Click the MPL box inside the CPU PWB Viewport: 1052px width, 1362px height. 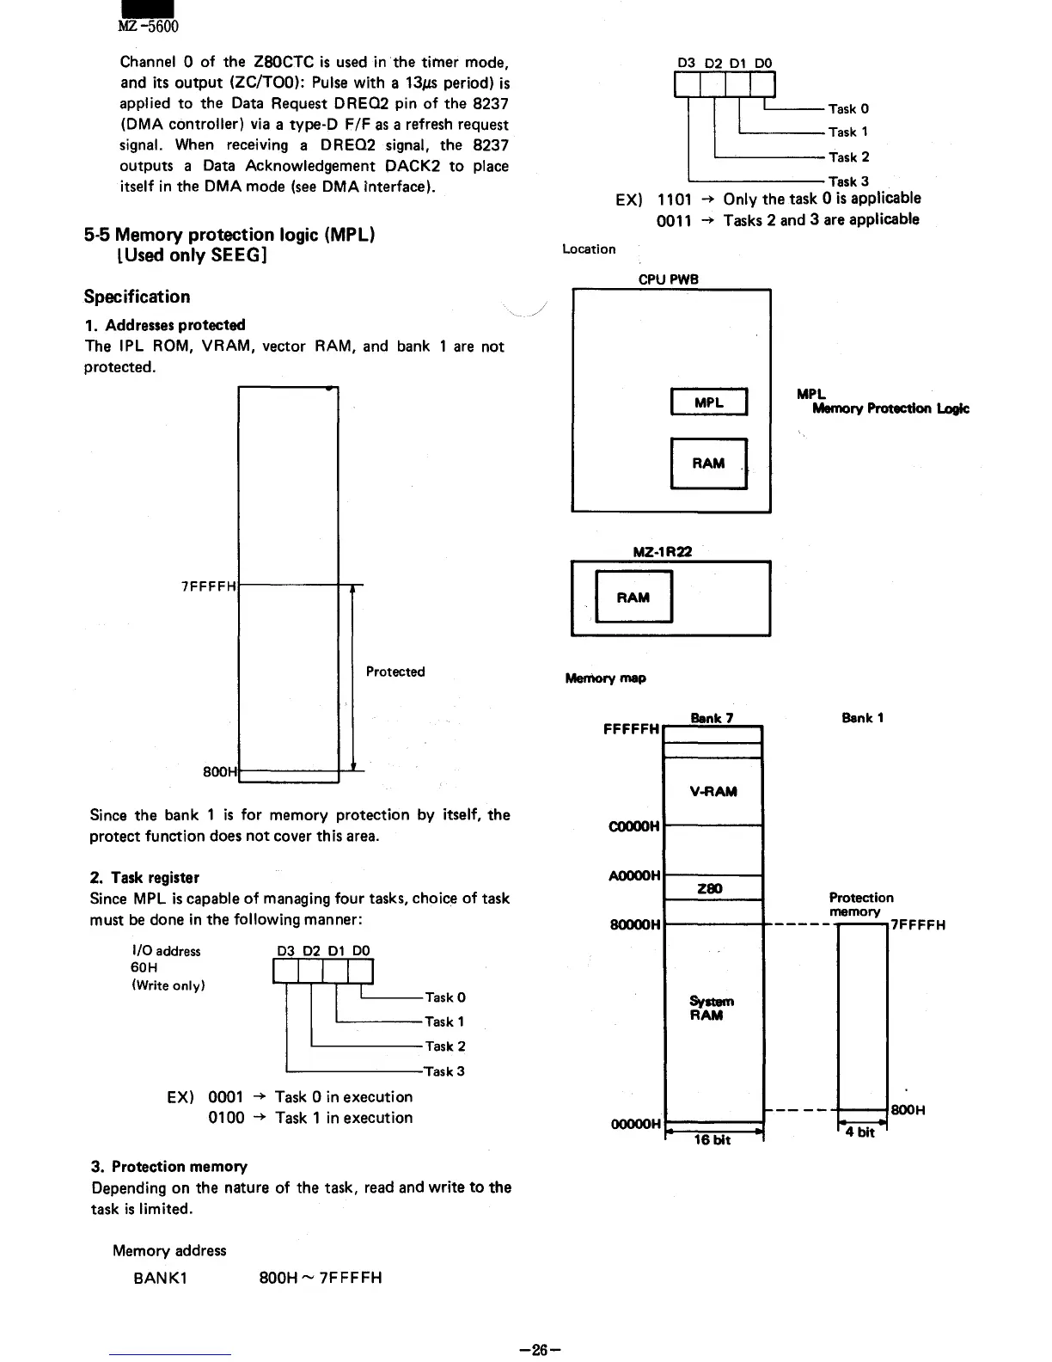click(x=708, y=402)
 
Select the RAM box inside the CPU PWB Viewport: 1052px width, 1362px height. click(x=708, y=463)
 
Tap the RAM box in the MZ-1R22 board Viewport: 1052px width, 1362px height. click(x=633, y=598)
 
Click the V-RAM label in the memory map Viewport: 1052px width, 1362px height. click(x=713, y=791)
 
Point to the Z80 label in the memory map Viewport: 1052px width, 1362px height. click(x=710, y=888)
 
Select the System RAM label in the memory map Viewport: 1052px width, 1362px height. click(x=712, y=1008)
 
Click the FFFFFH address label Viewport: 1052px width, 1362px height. click(x=632, y=729)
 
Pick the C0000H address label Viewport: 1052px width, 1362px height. click(x=634, y=826)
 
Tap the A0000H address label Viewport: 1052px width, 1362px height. click(x=634, y=875)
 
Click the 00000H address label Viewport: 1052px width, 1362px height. click(x=635, y=1124)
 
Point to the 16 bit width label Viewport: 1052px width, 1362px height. click(x=713, y=1139)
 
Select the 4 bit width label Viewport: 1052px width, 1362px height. click(x=859, y=1132)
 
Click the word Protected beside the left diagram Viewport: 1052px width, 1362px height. click(x=395, y=672)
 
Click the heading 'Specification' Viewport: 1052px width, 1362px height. click(x=138, y=297)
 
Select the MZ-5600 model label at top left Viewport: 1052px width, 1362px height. click(x=148, y=26)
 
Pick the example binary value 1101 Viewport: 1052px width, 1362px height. click(x=675, y=199)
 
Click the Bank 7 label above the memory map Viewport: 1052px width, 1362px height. click(x=713, y=718)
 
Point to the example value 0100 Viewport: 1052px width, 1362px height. click(x=226, y=1118)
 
